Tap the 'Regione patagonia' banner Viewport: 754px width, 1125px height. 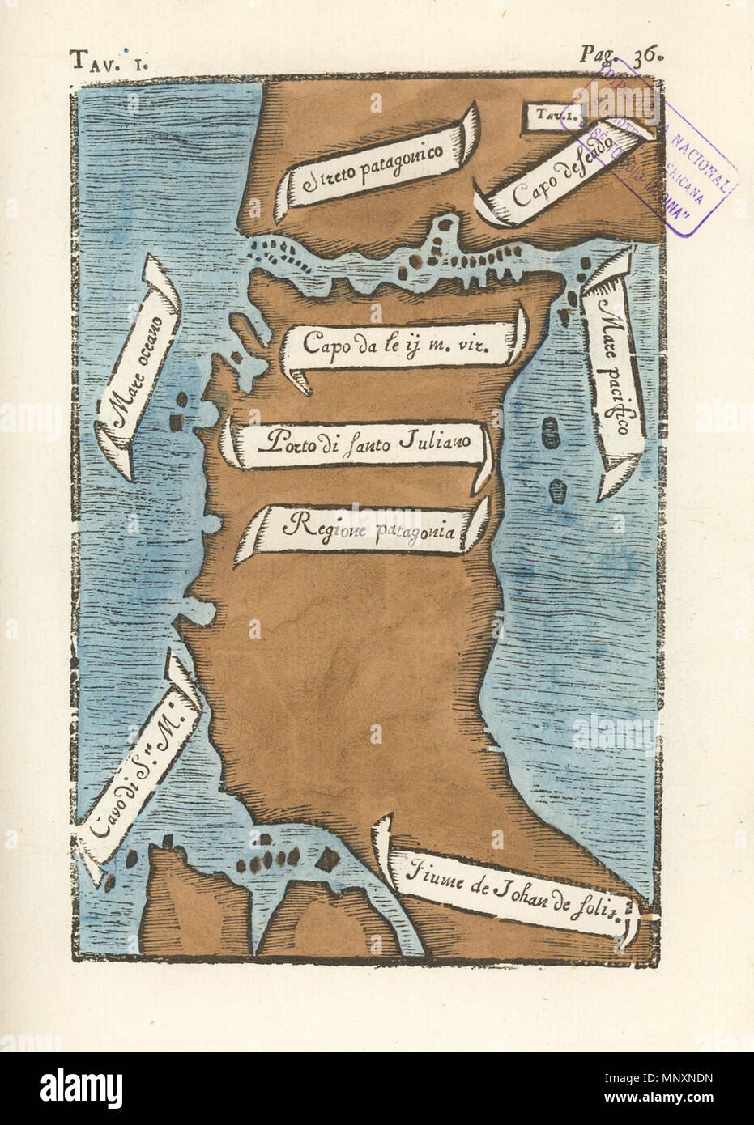(x=364, y=528)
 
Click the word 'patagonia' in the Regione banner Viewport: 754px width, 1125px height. (x=418, y=531)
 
